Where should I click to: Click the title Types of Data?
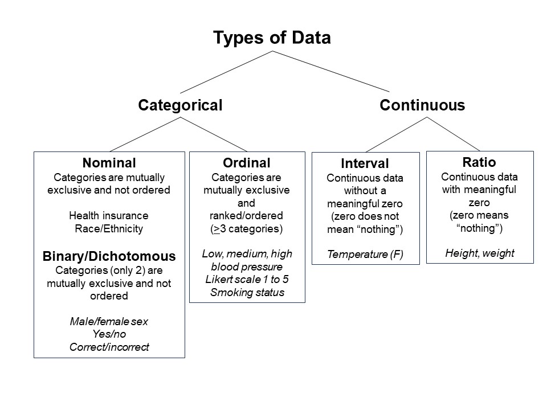[x=272, y=38]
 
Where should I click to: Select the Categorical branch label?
[x=180, y=105]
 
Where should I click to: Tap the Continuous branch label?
[x=422, y=105]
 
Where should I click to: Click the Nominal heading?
[x=109, y=163]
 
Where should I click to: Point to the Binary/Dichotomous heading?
[x=109, y=256]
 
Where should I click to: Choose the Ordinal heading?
[x=247, y=163]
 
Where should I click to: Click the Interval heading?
[x=365, y=164]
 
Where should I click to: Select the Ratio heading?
[x=479, y=162]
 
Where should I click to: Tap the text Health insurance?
[x=109, y=216]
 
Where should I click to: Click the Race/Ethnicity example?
[x=109, y=229]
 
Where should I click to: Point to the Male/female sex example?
[x=109, y=322]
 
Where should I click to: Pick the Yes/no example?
[x=109, y=334]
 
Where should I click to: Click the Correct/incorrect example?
[x=109, y=347]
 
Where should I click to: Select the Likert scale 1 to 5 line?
[x=247, y=280]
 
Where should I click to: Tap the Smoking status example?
[x=247, y=293]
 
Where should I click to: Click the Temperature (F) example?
[x=365, y=255]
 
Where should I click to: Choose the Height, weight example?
[x=479, y=253]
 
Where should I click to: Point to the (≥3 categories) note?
[x=247, y=229]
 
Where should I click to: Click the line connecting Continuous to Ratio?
[x=454, y=134]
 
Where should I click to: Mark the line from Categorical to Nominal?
[x=145, y=134]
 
